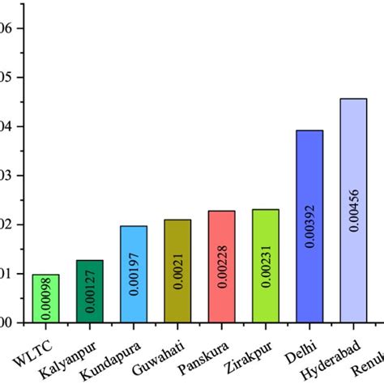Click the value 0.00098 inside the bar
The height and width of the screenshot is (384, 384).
pos(45,298)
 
